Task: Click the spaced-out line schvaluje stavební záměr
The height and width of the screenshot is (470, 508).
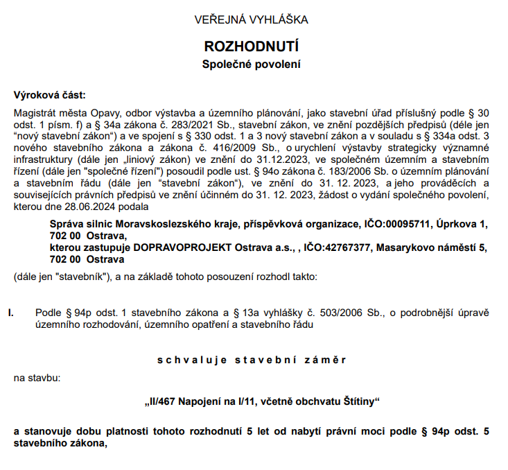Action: pyautogui.click(x=251, y=360)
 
